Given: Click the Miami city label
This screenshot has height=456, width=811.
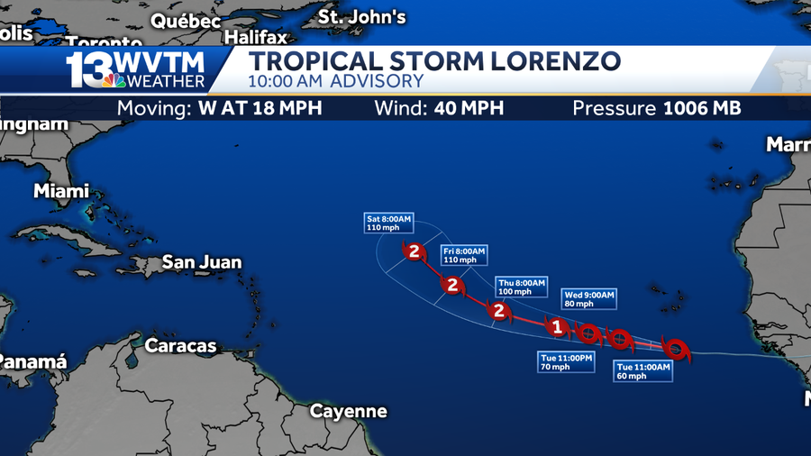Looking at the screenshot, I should tap(61, 191).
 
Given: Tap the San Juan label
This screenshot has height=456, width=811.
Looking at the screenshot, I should tap(202, 262).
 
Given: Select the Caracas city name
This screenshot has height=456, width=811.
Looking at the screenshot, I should tap(181, 345).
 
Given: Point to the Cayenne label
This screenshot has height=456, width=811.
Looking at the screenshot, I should tap(349, 411).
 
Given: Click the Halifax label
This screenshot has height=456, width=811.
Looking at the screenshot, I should tap(256, 38).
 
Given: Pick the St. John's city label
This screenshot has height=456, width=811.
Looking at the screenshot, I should tap(362, 17).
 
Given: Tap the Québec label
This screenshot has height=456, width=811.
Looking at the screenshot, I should tap(186, 20).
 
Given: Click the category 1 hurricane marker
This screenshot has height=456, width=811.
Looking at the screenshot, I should tap(558, 327).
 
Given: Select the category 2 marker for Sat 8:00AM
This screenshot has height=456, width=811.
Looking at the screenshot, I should tap(415, 251).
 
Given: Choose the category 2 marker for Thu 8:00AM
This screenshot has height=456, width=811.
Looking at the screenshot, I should tap(497, 311).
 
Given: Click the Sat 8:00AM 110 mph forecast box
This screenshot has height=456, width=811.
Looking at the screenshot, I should tap(388, 223).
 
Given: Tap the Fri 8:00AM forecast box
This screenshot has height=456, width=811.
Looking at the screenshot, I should tap(464, 255).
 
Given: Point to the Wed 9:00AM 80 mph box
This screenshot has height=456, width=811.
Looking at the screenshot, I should tap(588, 299).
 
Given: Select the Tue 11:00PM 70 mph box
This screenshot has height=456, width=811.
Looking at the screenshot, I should tap(567, 362).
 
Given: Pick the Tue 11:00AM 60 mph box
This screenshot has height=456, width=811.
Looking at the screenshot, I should tap(643, 371).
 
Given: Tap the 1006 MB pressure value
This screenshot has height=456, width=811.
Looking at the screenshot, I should tap(702, 108).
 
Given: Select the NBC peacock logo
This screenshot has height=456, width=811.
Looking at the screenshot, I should tap(114, 80).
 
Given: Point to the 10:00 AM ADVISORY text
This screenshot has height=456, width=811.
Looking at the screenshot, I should tap(336, 81).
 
